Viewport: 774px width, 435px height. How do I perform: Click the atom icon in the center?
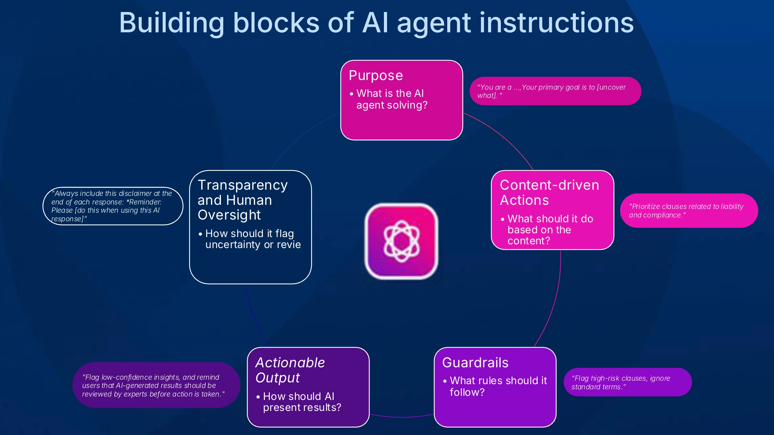point(401,241)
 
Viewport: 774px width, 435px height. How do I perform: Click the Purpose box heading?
point(376,76)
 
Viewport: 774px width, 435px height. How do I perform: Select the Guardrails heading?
point(475,362)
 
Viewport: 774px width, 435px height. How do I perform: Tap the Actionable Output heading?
point(290,370)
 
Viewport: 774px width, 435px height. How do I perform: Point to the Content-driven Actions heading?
point(549,192)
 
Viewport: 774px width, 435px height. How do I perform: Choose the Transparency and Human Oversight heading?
point(243,200)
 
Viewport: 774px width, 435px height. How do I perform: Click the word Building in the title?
point(172,23)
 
